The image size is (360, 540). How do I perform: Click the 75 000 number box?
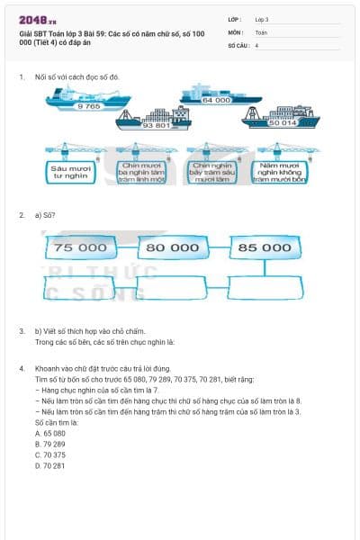pos(80,247)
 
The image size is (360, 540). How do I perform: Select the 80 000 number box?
pos(173,247)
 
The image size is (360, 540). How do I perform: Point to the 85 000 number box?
pos(265,247)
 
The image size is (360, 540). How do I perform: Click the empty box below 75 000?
pos(80,286)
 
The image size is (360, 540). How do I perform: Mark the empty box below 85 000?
pos(265,286)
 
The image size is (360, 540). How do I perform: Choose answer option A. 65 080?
pos(50,433)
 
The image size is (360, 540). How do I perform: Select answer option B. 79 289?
pos(50,444)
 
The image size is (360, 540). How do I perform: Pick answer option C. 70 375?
pos(50,454)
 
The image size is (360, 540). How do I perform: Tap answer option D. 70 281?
pos(50,465)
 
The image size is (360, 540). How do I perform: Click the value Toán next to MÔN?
pos(261,31)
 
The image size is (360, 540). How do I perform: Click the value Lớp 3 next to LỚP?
pos(262,19)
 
